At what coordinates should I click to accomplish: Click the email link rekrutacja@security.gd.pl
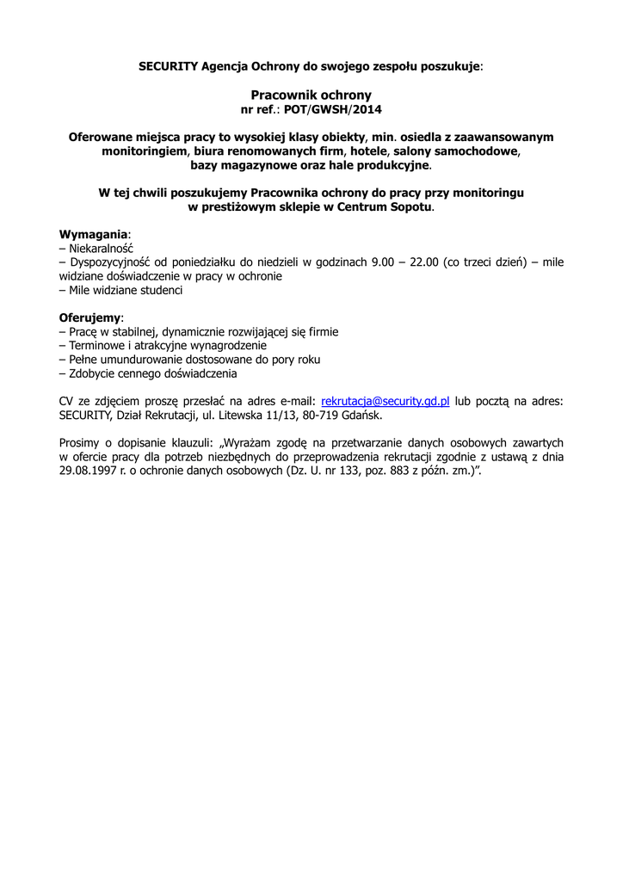point(386,401)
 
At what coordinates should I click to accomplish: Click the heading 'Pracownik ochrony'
point(311,95)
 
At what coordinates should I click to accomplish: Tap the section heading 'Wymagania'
point(94,234)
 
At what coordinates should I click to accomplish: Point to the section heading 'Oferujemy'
point(90,317)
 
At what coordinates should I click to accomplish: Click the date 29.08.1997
point(89,471)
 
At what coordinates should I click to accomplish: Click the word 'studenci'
point(160,290)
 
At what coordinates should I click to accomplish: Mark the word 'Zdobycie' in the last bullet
point(94,373)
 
